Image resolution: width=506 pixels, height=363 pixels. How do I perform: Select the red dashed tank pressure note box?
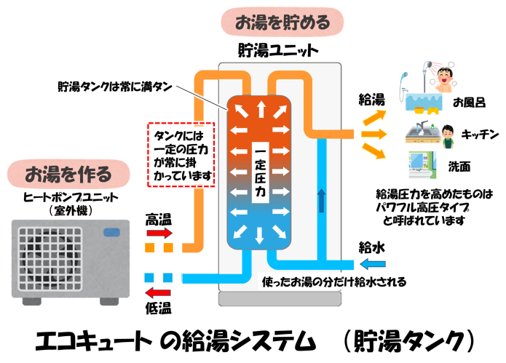coord(181,153)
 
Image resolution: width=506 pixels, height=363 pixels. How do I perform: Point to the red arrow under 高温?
coord(159,234)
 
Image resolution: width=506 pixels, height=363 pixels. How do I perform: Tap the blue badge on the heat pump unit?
coord(113,233)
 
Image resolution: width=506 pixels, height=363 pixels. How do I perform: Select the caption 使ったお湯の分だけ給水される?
coord(333,281)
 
